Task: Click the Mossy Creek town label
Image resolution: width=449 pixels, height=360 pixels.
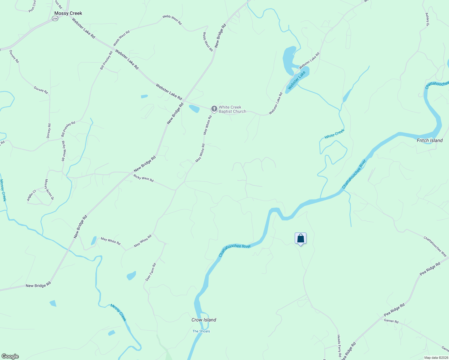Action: (x=68, y=13)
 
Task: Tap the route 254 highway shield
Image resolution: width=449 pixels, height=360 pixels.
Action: (x=55, y=19)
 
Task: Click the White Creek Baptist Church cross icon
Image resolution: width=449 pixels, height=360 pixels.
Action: (x=214, y=109)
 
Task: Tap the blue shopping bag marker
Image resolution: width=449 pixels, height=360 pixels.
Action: (x=300, y=238)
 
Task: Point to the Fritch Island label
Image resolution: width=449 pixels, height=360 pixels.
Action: (x=429, y=140)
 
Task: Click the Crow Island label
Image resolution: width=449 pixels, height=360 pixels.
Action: (x=204, y=320)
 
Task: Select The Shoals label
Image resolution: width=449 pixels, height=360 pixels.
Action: (x=201, y=331)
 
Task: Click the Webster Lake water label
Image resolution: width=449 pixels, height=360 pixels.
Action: (x=297, y=80)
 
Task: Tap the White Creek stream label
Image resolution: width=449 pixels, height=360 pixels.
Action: (x=334, y=134)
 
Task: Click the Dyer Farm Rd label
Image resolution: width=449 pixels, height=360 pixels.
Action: (x=151, y=272)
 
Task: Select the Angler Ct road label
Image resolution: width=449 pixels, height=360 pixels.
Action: (x=31, y=195)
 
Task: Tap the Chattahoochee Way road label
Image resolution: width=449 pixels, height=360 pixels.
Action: (x=435, y=246)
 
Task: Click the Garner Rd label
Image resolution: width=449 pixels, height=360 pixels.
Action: (x=391, y=321)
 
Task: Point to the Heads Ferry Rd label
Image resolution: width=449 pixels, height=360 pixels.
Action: (x=339, y=346)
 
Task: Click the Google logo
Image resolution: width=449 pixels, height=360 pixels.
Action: (x=10, y=356)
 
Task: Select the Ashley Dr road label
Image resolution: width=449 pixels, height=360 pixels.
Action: (x=427, y=19)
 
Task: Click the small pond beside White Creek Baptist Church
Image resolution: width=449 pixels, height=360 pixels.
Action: (x=194, y=109)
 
